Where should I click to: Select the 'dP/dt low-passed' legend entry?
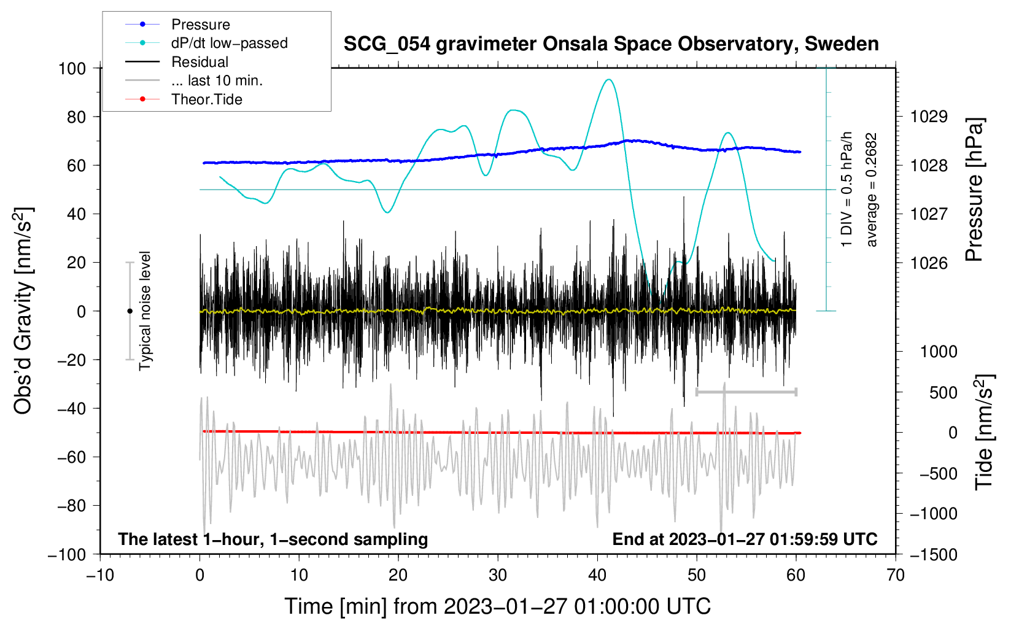pyautogui.click(x=229, y=43)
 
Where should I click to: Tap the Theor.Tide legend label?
pyautogui.click(x=206, y=99)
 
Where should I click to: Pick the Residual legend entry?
pyautogui.click(x=200, y=62)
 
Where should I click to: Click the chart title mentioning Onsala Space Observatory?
pyautogui.click(x=611, y=44)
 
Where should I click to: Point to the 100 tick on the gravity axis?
pyautogui.click(x=72, y=68)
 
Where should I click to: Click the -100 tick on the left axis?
pyautogui.click(x=67, y=554)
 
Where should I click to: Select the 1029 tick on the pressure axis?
pyautogui.click(x=929, y=117)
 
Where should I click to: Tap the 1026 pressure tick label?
pyautogui.click(x=929, y=263)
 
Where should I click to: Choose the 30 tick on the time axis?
pyautogui.click(x=498, y=575)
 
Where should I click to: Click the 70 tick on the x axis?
pyautogui.click(x=896, y=575)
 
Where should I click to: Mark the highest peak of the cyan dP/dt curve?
pyautogui.click(x=608, y=79)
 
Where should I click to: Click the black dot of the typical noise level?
pyautogui.click(x=130, y=311)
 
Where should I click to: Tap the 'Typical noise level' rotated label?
pyautogui.click(x=145, y=311)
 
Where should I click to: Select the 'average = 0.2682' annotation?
pyautogui.click(x=871, y=190)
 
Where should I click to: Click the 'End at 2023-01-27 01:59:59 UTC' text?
pyautogui.click(x=745, y=539)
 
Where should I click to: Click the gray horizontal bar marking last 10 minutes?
pyautogui.click(x=746, y=392)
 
